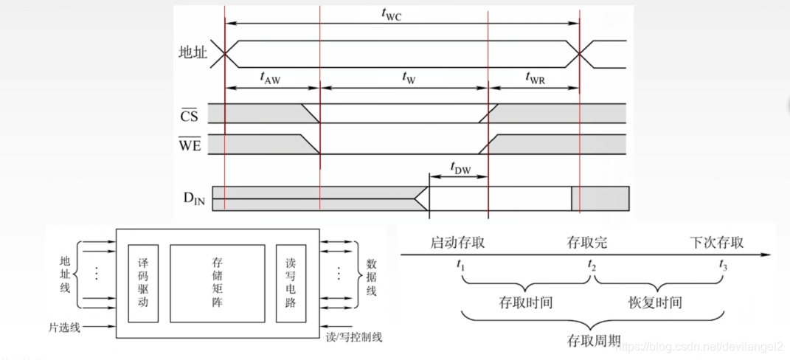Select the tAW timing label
pyautogui.click(x=271, y=77)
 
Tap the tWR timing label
pyautogui.click(x=535, y=77)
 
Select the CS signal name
pyautogui.click(x=190, y=116)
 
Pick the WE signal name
pyautogui.click(x=189, y=145)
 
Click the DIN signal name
pyautogui.click(x=194, y=200)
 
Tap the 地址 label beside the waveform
pyautogui.click(x=193, y=52)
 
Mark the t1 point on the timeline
pyautogui.click(x=462, y=265)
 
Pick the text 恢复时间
pyautogui.click(x=655, y=302)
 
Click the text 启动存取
pyautogui.click(x=458, y=242)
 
